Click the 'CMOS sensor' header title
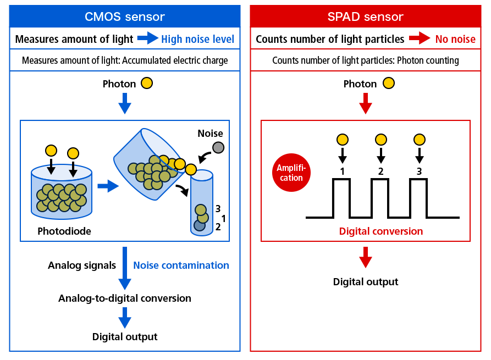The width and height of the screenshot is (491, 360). [125, 16]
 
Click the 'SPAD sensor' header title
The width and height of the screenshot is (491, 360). [366, 16]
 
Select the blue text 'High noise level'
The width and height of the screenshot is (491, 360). [197, 39]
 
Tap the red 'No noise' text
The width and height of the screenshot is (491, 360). [455, 39]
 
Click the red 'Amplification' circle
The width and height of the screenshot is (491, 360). [291, 173]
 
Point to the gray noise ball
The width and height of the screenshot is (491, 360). [218, 147]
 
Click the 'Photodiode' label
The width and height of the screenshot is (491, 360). [64, 231]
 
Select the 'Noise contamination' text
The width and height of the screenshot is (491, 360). [181, 265]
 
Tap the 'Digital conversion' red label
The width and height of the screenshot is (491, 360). [381, 231]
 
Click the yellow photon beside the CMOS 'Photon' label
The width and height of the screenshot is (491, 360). [147, 84]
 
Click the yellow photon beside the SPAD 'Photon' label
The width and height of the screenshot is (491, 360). [389, 84]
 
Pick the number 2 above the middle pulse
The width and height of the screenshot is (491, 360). [381, 171]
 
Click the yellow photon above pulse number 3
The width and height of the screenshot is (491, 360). [420, 140]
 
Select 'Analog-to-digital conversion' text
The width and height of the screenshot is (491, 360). [125, 298]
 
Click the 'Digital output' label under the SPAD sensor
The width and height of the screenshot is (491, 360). [366, 282]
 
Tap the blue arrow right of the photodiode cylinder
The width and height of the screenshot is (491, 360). [108, 186]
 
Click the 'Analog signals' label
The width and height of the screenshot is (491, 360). [82, 265]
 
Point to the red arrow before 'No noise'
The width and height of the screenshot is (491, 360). [420, 38]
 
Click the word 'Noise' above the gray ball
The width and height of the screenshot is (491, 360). [210, 134]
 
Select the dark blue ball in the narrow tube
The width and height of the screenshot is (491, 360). [199, 225]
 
